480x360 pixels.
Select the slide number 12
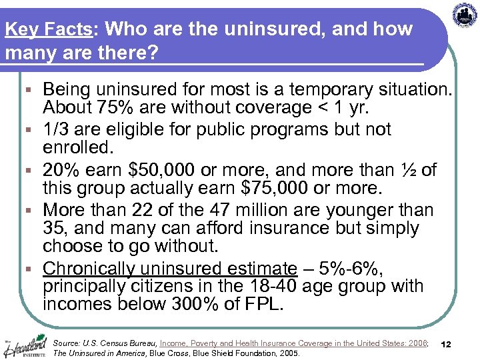pyautogui.click(x=447, y=344)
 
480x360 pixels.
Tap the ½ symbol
pyautogui.click(x=409, y=170)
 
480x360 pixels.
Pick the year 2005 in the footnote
pyautogui.click(x=286, y=353)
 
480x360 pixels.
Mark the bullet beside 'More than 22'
pyautogui.click(x=31, y=211)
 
